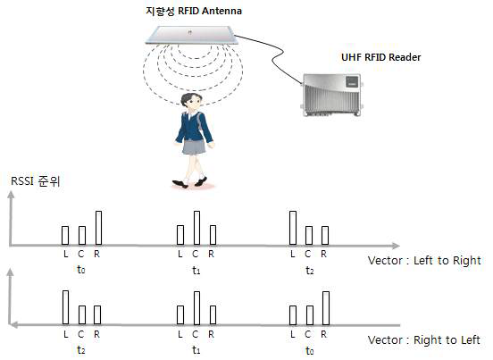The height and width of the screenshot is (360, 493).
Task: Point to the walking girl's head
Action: (x=191, y=101)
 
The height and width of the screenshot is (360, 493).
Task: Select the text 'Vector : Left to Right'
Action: (x=423, y=260)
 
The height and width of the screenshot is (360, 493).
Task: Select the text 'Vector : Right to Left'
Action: (x=423, y=339)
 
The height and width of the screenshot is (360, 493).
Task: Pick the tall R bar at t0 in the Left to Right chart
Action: (x=97, y=227)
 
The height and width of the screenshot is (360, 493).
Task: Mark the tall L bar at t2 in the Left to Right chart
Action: (x=293, y=227)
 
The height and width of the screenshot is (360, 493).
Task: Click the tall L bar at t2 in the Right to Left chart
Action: (x=65, y=306)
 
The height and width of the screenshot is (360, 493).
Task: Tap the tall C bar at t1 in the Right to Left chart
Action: (x=196, y=306)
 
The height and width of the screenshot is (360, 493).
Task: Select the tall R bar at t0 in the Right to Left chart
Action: (x=326, y=307)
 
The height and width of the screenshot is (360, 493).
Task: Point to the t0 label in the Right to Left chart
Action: (x=309, y=350)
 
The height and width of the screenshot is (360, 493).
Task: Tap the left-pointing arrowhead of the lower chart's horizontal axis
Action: (x=11, y=323)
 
